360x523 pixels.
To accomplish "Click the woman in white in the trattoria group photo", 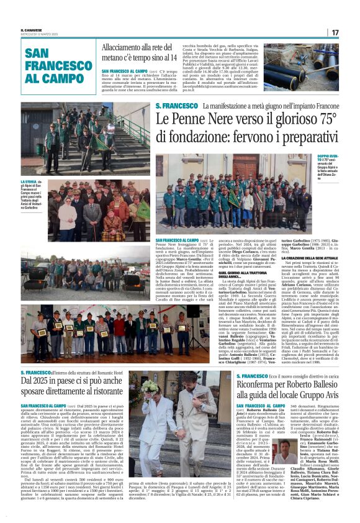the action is click(x=66, y=211).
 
